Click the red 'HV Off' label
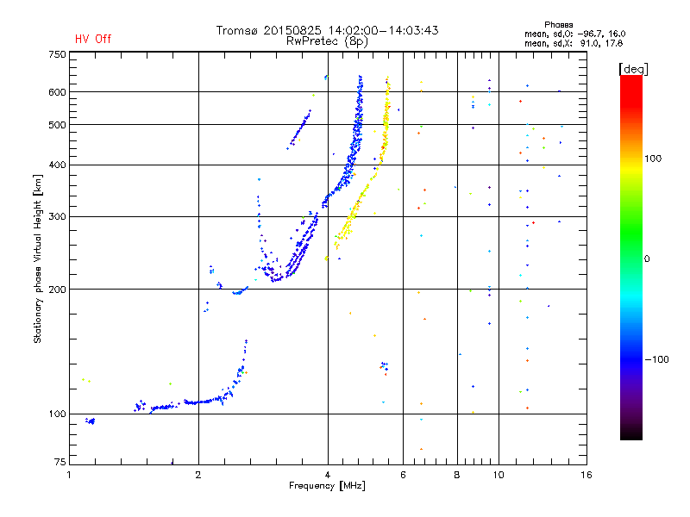point(93,39)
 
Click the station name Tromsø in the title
point(236,30)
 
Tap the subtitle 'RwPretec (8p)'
point(327,41)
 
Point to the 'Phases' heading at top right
point(558,25)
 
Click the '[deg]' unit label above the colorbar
point(633,69)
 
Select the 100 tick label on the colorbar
point(653,159)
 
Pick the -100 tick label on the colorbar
point(656,359)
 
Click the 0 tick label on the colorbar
point(647,259)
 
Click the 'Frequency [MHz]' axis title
point(327,486)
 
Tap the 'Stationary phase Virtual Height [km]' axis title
point(38,258)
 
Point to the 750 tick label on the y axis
point(57,54)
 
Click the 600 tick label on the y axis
point(57,92)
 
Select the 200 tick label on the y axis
point(57,290)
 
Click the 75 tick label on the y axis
point(60,462)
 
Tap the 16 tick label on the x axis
point(586,475)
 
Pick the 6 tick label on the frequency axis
point(403,475)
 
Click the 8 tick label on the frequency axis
point(457,475)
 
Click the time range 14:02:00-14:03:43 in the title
point(383,30)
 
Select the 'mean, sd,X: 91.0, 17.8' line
point(574,44)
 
